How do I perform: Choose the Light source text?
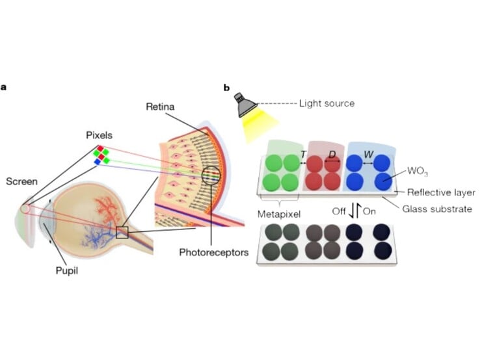pyautogui.click(x=327, y=103)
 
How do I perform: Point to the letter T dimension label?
pyautogui.click(x=303, y=154)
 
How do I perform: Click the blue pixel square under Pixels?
pyautogui.click(x=98, y=162)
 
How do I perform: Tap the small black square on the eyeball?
pyautogui.click(x=122, y=232)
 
